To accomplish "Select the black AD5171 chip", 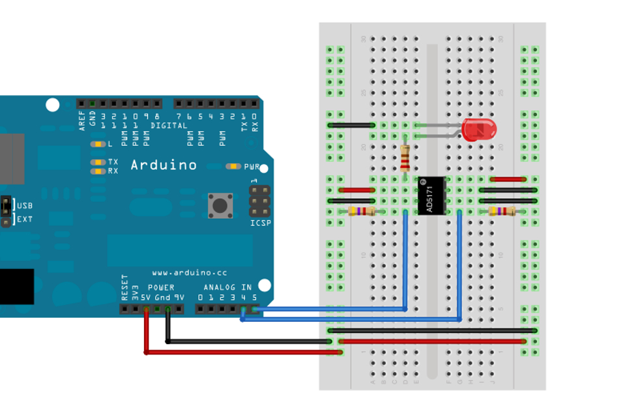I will click(x=432, y=195).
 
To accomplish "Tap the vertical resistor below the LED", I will click(x=405, y=158).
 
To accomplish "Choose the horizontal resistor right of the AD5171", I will click(x=502, y=211).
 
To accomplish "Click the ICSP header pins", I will click(x=259, y=201).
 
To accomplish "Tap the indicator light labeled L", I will click(x=98, y=144).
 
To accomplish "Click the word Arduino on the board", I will click(x=164, y=165).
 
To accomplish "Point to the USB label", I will click(x=24, y=205).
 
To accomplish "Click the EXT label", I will click(x=24, y=219).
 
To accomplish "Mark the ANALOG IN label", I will click(x=227, y=287).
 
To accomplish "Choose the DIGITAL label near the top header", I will click(x=169, y=125).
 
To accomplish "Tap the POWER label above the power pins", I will click(x=161, y=287).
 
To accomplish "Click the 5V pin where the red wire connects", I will click(x=146, y=309).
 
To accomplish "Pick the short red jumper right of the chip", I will click(x=508, y=179).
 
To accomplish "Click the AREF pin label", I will click(x=82, y=121).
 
